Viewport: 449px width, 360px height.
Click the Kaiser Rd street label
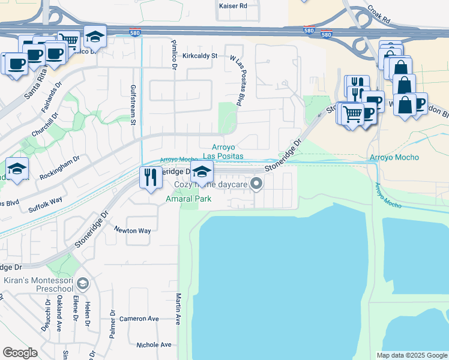point(234,5)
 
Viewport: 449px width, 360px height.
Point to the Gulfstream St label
point(133,104)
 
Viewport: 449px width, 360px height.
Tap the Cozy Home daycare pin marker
point(258,184)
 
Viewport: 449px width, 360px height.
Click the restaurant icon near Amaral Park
point(151,176)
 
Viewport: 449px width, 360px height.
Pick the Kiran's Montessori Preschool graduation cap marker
point(83,283)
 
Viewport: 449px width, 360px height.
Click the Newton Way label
point(133,230)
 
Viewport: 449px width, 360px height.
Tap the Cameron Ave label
point(139,319)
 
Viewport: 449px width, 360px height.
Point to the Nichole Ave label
point(154,345)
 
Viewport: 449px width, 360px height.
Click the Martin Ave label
point(178,308)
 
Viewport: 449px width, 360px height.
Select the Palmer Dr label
point(112,324)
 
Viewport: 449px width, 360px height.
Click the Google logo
point(20,353)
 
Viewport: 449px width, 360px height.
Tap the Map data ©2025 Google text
point(411,355)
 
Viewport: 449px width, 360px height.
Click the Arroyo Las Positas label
point(223,151)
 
